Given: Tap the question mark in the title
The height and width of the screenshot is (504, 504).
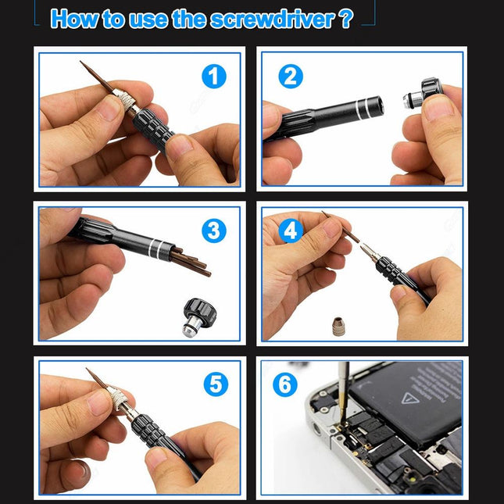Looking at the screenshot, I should (346, 19).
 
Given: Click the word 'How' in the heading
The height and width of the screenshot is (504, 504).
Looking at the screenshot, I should (75, 19).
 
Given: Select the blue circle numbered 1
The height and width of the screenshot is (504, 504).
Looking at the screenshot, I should (213, 77).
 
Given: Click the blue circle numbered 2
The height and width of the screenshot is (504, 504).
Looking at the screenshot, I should (291, 77).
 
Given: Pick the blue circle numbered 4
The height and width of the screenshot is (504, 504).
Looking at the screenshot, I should (291, 231).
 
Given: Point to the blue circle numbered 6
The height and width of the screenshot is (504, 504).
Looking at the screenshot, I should (285, 385).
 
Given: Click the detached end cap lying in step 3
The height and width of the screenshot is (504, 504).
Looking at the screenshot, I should (195, 315).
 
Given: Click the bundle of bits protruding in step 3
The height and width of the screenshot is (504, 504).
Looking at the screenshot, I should (191, 263).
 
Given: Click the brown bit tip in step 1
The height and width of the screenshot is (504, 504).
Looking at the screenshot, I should (95, 78).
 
